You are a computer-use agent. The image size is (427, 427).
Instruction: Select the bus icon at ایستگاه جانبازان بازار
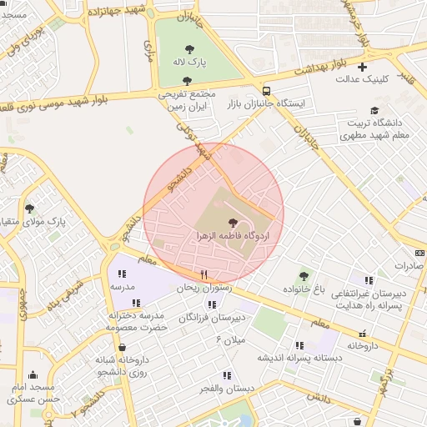tap(266, 91)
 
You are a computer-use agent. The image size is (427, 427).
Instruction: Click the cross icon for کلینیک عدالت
tap(362, 67)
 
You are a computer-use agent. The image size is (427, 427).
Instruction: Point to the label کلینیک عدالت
tap(359, 79)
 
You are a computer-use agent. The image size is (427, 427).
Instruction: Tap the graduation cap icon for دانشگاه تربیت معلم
tap(374, 110)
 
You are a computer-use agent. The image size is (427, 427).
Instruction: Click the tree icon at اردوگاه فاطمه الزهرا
tap(232, 223)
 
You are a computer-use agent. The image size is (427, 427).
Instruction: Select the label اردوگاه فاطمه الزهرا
tap(232, 237)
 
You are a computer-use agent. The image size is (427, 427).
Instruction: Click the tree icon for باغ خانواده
tap(304, 275)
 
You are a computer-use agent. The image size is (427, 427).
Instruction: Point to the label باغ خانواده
tap(302, 289)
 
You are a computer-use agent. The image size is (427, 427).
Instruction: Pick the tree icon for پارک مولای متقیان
tap(30, 208)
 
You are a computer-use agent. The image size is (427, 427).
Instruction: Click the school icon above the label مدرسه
tap(122, 274)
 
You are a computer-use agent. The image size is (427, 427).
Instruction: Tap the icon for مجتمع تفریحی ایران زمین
tap(186, 81)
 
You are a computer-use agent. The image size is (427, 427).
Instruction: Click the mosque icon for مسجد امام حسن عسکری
tap(33, 374)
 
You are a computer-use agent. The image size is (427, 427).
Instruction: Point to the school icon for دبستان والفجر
tap(225, 374)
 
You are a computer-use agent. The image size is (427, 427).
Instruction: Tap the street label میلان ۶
tap(230, 339)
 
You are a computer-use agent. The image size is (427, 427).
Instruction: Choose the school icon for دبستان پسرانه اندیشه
tap(299, 344)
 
